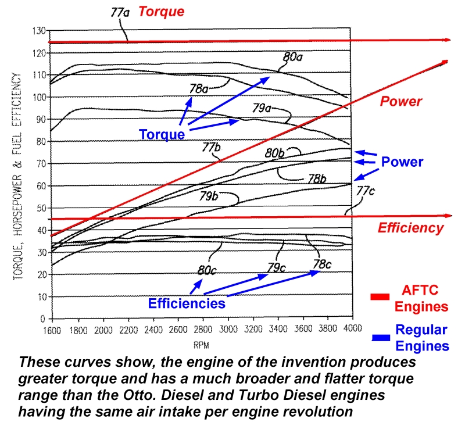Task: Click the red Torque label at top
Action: click(x=161, y=11)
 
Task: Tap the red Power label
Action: click(x=400, y=101)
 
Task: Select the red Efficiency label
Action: click(x=410, y=228)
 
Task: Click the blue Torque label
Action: click(x=162, y=134)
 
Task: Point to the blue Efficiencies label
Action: click(x=186, y=303)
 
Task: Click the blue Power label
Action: click(x=402, y=162)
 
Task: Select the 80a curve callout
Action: click(x=293, y=57)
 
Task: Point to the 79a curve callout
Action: click(x=262, y=108)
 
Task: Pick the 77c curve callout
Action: click(x=366, y=190)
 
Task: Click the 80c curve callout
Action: click(x=207, y=270)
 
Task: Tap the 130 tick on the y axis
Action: click(x=38, y=30)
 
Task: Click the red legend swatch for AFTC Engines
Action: click(x=380, y=297)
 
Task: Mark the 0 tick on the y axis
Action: click(x=43, y=319)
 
